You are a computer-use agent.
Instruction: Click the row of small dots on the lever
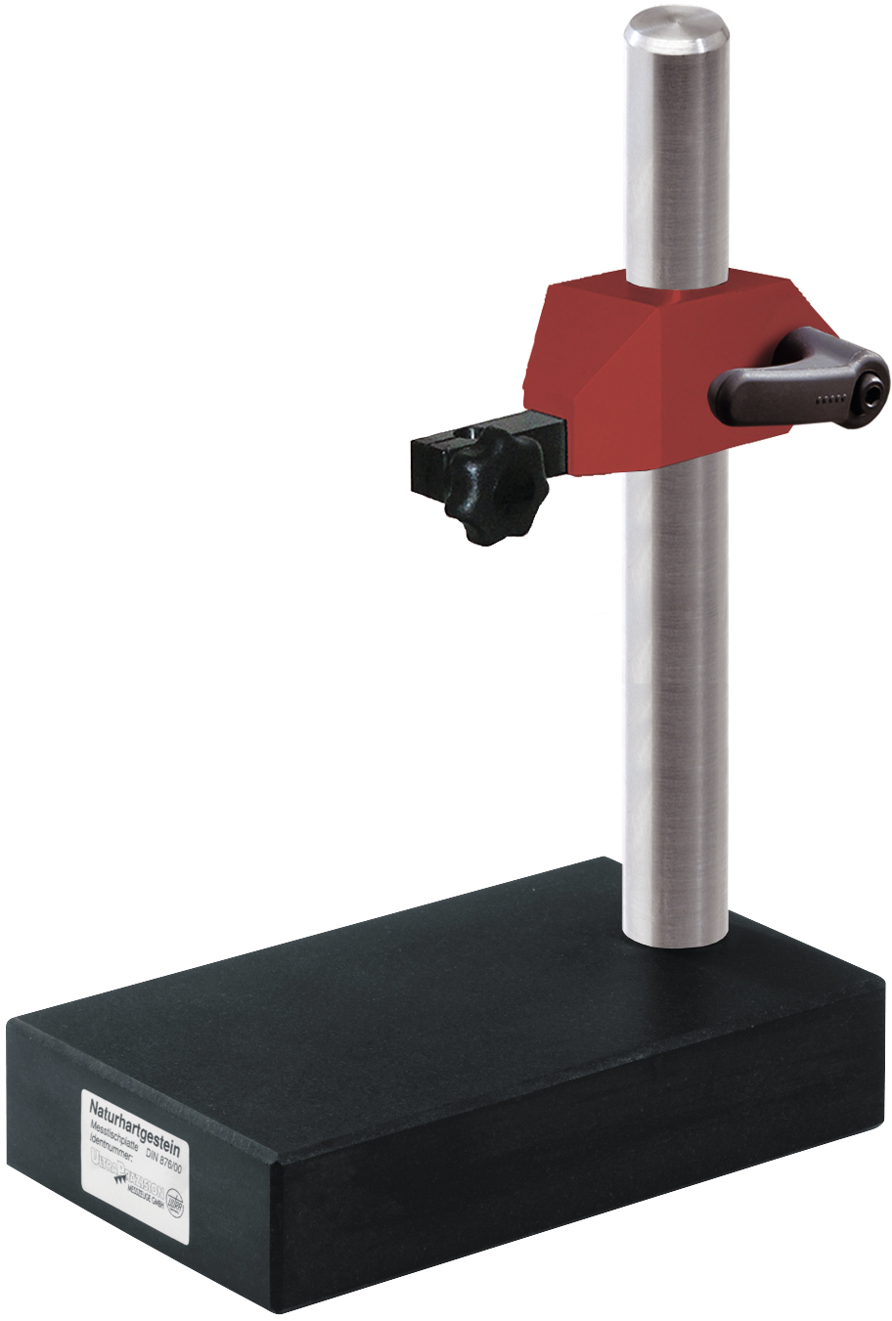[829, 398]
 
